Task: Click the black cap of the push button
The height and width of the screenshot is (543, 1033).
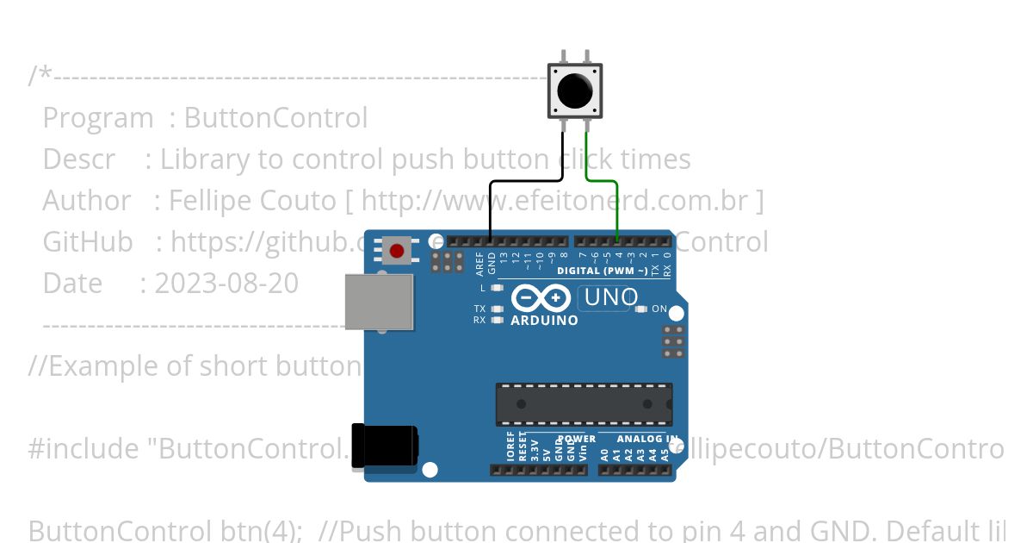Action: (575, 90)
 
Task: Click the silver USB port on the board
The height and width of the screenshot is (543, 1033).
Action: (378, 302)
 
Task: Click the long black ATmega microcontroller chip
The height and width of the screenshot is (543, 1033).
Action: (584, 404)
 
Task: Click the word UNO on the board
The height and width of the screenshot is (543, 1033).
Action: (610, 298)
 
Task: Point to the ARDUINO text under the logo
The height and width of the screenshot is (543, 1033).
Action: (544, 321)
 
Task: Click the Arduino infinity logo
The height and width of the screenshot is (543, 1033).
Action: (541, 298)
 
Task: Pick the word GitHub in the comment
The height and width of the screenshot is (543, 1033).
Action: (88, 242)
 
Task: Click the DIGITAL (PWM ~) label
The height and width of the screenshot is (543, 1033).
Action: (603, 271)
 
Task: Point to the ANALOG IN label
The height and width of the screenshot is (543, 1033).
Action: (646, 439)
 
